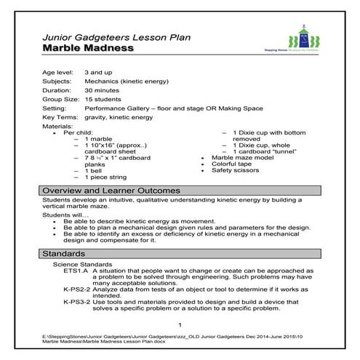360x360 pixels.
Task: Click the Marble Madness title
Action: click(x=88, y=48)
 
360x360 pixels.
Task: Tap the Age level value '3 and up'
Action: click(x=99, y=73)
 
